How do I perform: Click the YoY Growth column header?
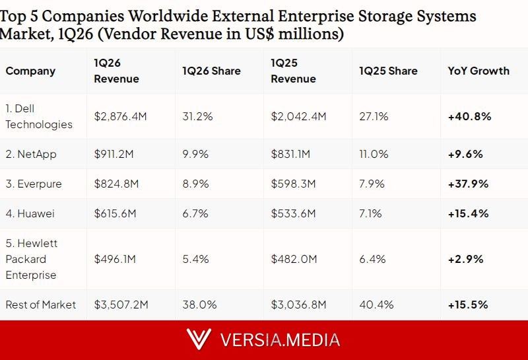478,71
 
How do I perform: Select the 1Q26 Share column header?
211,71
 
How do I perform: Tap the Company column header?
30,71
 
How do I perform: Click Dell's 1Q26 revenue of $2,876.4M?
120,116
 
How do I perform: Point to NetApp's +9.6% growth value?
465,154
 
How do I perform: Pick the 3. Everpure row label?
34,184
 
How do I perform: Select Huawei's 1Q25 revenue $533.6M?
293,213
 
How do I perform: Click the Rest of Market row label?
41,305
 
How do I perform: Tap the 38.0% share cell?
199,305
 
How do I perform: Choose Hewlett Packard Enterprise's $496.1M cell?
115,259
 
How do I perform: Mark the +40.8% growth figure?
469,116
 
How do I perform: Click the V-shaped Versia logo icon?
199,339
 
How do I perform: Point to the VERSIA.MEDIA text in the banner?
280,340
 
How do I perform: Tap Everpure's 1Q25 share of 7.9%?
372,184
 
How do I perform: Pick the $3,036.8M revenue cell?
298,305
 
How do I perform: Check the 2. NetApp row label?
31,154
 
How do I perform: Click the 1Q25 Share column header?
388,71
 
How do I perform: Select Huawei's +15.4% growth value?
468,213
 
